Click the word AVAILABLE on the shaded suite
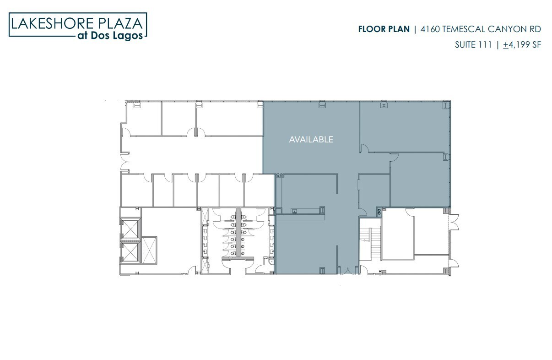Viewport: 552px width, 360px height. [x=311, y=139]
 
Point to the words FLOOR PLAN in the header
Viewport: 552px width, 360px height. [x=384, y=29]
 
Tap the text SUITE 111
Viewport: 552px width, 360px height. [x=473, y=45]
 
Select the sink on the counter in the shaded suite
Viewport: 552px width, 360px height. [x=295, y=211]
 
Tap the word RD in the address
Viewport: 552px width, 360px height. [x=536, y=29]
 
